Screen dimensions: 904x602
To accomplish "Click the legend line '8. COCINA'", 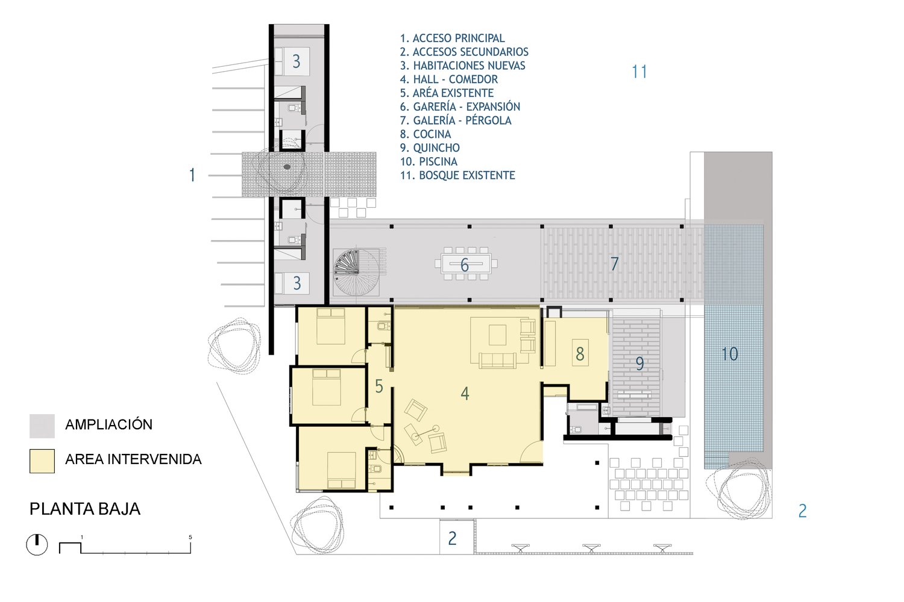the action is pyautogui.click(x=425, y=134).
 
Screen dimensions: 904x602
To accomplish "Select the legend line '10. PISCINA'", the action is pyautogui.click(x=428, y=161).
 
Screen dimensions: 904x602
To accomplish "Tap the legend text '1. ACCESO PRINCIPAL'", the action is pyautogui.click(x=452, y=38).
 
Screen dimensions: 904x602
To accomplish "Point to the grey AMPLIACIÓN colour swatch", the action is pyautogui.click(x=42, y=426).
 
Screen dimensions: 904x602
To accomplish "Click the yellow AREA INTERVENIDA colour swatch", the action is pyautogui.click(x=42, y=461).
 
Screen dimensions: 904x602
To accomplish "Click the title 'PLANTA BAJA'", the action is pyautogui.click(x=85, y=509).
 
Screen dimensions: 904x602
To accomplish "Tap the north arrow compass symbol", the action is pyautogui.click(x=37, y=545).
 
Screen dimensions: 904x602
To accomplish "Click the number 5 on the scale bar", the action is pyautogui.click(x=190, y=537).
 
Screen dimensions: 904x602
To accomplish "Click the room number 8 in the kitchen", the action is pyautogui.click(x=580, y=353).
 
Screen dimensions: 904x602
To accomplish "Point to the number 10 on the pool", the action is pyautogui.click(x=730, y=353).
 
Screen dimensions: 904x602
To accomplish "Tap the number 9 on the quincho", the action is pyautogui.click(x=639, y=363).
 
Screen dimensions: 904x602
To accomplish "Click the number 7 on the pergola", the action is pyautogui.click(x=614, y=264).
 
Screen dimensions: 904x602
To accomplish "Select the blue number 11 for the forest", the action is pyautogui.click(x=639, y=72).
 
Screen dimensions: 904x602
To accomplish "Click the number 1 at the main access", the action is pyautogui.click(x=192, y=175).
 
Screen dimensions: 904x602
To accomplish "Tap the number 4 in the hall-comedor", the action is pyautogui.click(x=465, y=393).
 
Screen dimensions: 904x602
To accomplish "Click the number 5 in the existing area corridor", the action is pyautogui.click(x=378, y=386).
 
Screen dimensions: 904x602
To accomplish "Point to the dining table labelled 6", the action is pyautogui.click(x=466, y=264).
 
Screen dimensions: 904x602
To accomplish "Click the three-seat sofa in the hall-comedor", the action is pyautogui.click(x=498, y=361).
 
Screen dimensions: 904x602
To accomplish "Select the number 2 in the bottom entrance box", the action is pyautogui.click(x=452, y=538).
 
